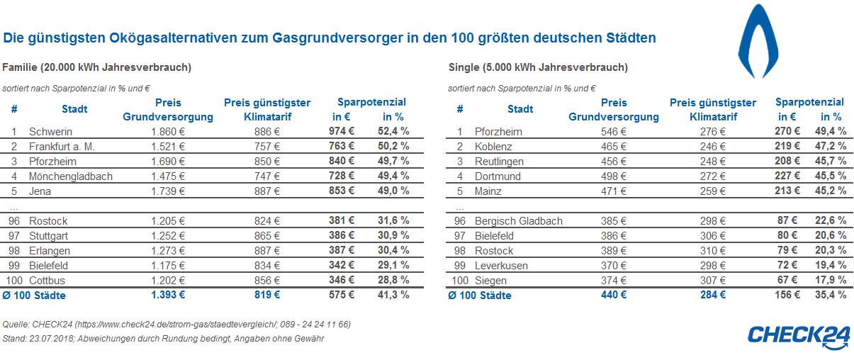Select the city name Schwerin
click(50, 131)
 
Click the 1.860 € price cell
click(168, 131)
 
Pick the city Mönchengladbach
click(71, 176)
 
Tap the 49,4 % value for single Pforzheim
click(832, 131)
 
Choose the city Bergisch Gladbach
click(519, 220)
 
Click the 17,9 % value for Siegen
click(832, 280)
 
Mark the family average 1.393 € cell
click(168, 295)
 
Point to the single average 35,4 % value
click(832, 295)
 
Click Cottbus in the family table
click(48, 280)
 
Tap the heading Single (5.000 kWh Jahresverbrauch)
click(538, 67)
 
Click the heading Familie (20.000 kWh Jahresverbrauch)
click(96, 67)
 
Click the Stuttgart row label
click(49, 235)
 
